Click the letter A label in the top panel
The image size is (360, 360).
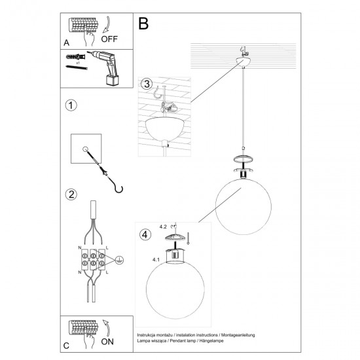pyautogui.click(x=67, y=43)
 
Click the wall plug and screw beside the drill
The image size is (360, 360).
pyautogui.click(x=75, y=63)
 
